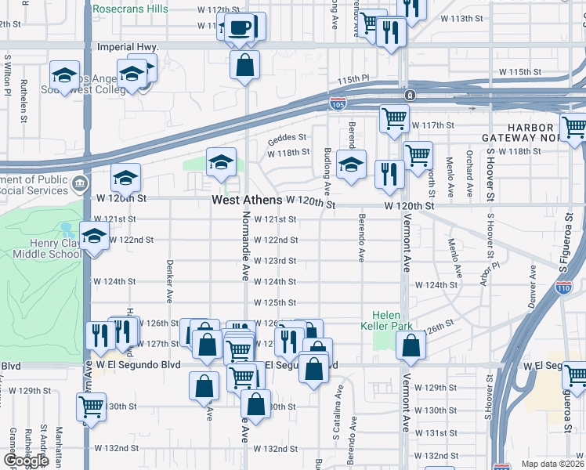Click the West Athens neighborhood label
247,201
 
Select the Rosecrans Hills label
130,9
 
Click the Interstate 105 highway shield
338,103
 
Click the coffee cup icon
241,27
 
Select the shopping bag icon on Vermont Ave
411,345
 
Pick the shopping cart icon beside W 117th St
394,118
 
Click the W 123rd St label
276,261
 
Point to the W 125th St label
276,302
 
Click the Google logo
25,461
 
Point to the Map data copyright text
553,464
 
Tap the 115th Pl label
353,79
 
